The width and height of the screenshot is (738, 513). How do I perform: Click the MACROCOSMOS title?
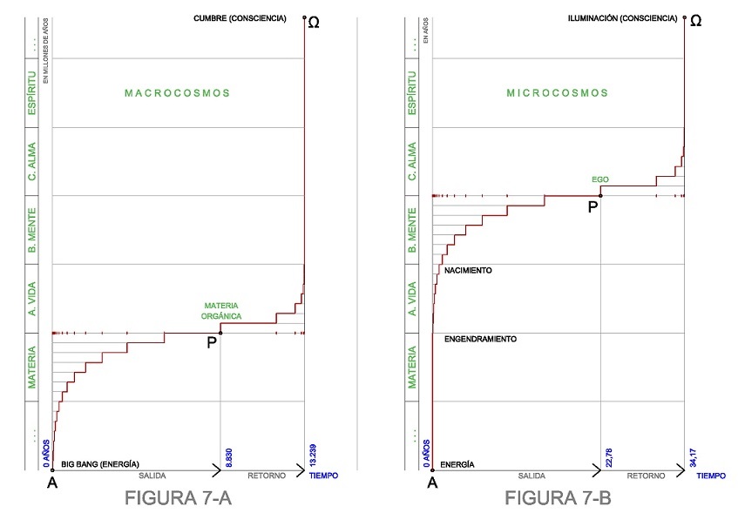pyautogui.click(x=176, y=92)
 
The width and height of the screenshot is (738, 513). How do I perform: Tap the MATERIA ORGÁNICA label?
pyautogui.click(x=222, y=311)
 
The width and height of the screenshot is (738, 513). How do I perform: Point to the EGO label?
pyautogui.click(x=599, y=179)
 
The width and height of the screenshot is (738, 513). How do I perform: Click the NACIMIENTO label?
pyautogui.click(x=468, y=271)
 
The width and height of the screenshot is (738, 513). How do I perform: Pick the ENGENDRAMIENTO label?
pyautogui.click(x=480, y=339)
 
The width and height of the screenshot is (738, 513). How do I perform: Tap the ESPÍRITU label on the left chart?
pyautogui.click(x=32, y=93)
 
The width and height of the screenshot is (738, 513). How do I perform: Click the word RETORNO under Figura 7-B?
pyautogui.click(x=645, y=476)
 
